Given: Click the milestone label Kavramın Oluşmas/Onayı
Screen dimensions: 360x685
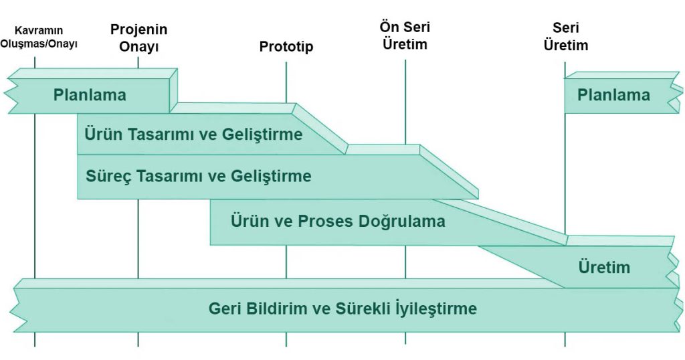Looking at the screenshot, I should (45, 37).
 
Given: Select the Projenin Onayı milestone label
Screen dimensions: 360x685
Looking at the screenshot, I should (138, 38).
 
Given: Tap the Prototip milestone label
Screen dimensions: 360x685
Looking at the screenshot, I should (286, 47).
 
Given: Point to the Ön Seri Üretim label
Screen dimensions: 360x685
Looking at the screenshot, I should (405, 36).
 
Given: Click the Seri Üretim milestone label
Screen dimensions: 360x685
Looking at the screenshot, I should (565, 37).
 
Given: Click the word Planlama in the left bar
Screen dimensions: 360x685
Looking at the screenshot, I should (90, 95).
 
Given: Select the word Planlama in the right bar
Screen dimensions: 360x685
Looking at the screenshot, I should (613, 95).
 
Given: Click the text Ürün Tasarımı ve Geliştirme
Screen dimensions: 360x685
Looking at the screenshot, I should (193, 134).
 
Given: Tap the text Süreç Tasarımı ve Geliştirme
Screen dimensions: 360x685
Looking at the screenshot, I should (199, 177).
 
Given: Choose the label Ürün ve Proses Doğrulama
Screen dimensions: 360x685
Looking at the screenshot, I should (338, 221).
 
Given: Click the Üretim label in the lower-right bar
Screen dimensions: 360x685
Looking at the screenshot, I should (604, 268).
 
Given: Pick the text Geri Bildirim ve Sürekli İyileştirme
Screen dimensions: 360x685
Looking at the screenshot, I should (342, 309).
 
